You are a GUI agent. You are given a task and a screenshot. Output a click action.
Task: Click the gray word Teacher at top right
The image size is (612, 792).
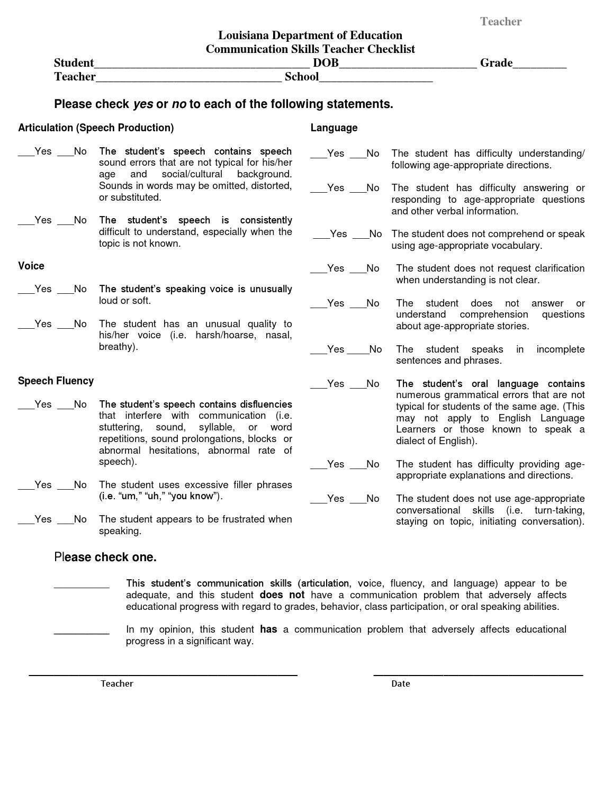(x=500, y=22)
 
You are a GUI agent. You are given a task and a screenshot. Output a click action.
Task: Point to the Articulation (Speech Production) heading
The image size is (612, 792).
(x=96, y=128)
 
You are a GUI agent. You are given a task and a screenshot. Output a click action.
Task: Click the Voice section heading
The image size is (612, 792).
(x=31, y=266)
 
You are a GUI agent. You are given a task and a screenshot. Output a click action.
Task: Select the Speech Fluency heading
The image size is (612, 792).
(x=56, y=381)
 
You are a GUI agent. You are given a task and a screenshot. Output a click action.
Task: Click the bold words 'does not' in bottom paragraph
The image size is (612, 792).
(x=282, y=595)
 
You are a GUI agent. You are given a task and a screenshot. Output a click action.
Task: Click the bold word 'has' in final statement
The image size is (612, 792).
(x=268, y=629)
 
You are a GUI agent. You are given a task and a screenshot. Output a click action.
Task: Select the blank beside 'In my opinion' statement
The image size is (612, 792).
(x=82, y=631)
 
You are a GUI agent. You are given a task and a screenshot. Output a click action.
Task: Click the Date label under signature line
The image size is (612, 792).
(x=400, y=683)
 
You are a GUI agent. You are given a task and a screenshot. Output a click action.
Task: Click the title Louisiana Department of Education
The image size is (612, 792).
(x=310, y=35)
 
